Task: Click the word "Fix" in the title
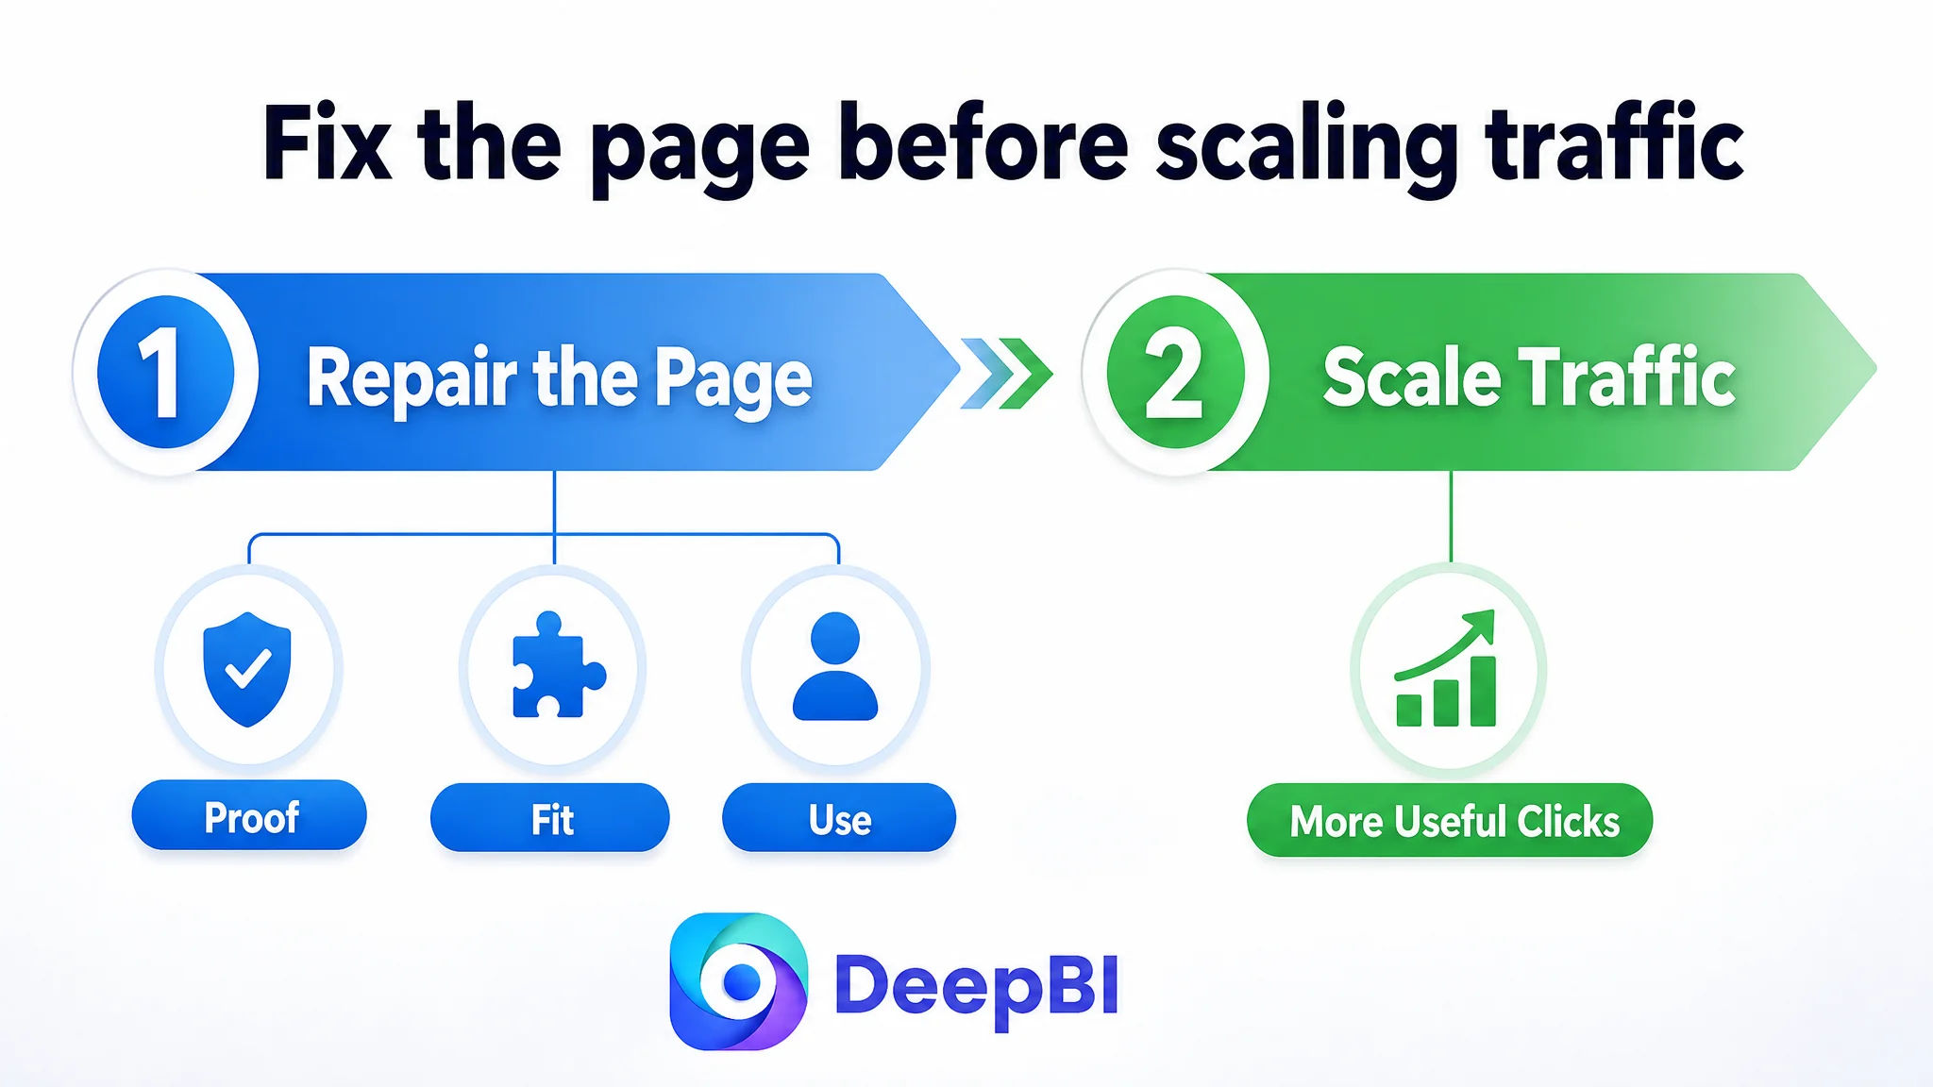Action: pos(327,142)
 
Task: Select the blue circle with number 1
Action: pos(166,372)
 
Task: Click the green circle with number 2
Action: pos(1175,372)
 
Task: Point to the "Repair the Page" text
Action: pos(559,378)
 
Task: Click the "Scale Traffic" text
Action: pos(1529,376)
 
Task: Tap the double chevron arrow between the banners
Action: pos(1006,373)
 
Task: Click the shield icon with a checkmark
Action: pos(247,669)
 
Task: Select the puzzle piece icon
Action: pos(558,664)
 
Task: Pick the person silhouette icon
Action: pos(835,666)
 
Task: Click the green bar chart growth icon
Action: pos(1446,668)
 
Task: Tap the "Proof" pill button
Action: pos(249,815)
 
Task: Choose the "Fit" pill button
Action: pos(550,818)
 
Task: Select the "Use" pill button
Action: pos(839,818)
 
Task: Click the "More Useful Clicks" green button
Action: pos(1450,820)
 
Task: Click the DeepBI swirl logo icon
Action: pos(738,981)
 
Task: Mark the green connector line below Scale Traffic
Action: pos(1451,516)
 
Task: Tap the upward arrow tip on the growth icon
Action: pos(1492,612)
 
